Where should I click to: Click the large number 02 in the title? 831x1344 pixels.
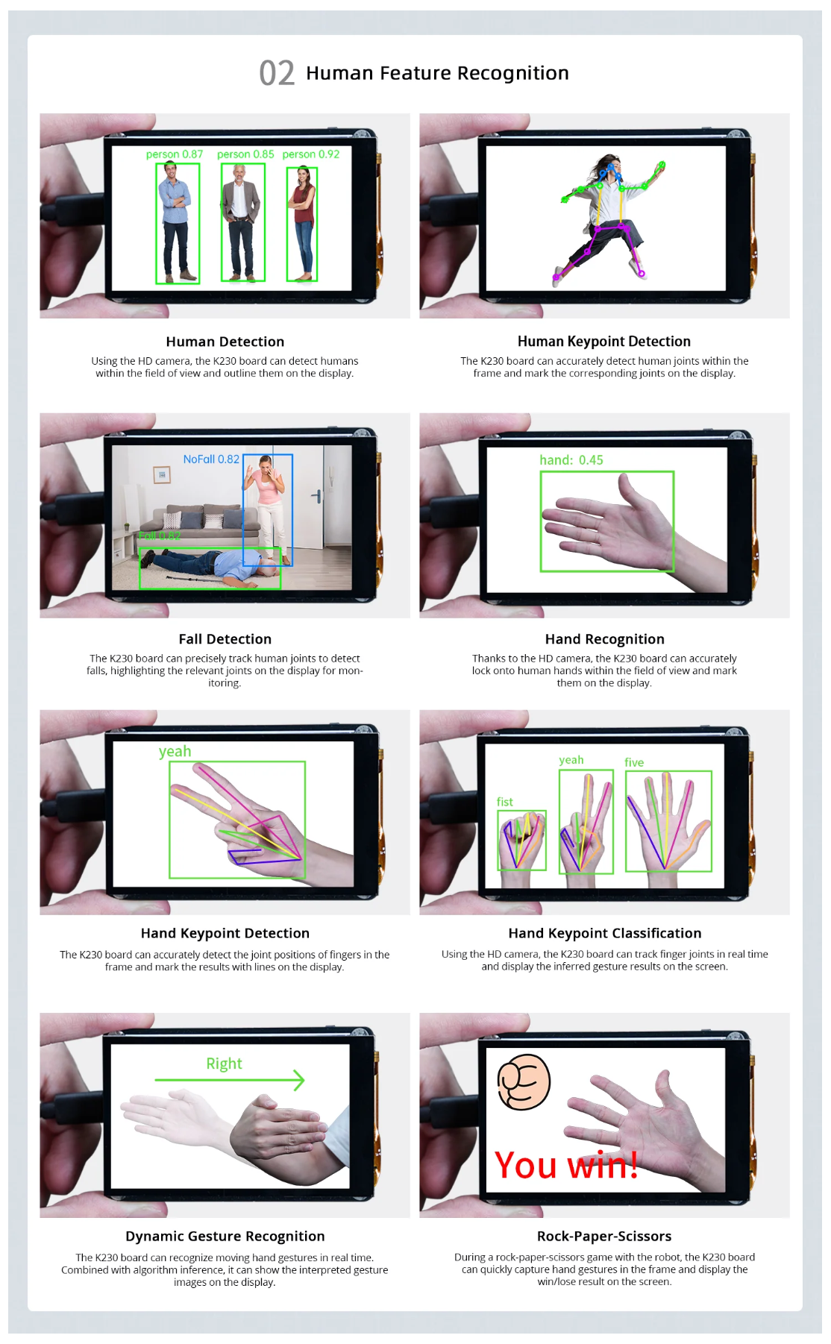(x=277, y=73)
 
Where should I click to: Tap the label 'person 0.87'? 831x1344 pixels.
(x=175, y=154)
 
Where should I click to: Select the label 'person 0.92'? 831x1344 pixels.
(x=311, y=154)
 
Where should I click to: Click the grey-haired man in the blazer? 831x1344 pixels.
(x=240, y=222)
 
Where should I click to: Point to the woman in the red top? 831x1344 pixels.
(x=302, y=224)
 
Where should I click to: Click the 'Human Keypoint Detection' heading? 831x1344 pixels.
(x=604, y=342)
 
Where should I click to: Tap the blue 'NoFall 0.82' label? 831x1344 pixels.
(x=211, y=459)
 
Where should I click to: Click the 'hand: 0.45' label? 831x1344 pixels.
(x=571, y=460)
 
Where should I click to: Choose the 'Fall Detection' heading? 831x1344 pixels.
(x=225, y=639)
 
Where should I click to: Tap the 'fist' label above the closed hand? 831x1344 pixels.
(x=505, y=802)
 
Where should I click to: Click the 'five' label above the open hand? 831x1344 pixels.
(x=634, y=762)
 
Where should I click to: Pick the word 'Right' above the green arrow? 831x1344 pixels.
(x=225, y=1064)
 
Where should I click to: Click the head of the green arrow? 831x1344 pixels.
(x=298, y=1080)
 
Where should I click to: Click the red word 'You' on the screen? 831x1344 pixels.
(x=526, y=1165)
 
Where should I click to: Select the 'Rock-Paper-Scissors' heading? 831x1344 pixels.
(x=604, y=1236)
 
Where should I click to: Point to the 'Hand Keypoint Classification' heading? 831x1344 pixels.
(x=605, y=933)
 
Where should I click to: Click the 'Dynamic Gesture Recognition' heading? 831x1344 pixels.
(x=225, y=1236)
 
